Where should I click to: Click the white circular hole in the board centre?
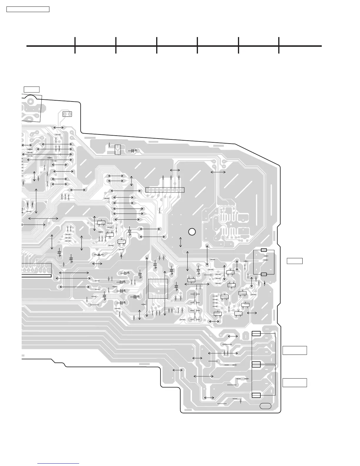[x=192, y=232]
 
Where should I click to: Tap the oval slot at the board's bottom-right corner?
[x=266, y=406]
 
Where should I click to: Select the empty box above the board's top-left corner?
[x=31, y=89]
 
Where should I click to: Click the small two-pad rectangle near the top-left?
[x=67, y=114]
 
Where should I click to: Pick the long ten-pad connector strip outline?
[x=165, y=190]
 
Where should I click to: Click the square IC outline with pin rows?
[x=158, y=289]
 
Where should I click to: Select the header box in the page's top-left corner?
[x=28, y=9]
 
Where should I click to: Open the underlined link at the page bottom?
[x=59, y=464]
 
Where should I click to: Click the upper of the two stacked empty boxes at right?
[x=295, y=350]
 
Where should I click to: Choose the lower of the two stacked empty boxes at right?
[x=295, y=382]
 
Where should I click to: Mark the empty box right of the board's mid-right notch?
[x=295, y=261]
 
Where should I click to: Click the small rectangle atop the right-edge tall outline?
[x=264, y=250]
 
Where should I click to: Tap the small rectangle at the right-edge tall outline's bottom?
[x=264, y=274]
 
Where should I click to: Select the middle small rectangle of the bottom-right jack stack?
[x=256, y=365]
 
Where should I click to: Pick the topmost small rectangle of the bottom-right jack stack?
[x=256, y=333]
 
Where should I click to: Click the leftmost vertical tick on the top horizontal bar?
[x=75, y=45]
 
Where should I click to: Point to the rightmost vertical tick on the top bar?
[x=279, y=45]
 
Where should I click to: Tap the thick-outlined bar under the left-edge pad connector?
[x=36, y=276]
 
